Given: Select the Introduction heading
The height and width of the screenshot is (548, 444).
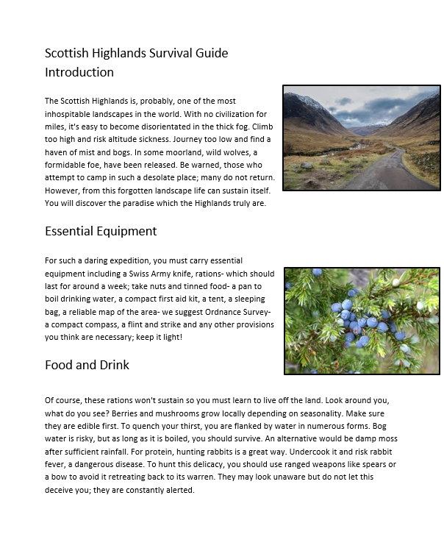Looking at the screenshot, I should pyautogui.click(x=79, y=72).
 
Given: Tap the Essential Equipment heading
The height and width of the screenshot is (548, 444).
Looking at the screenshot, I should pyautogui.click(x=101, y=231).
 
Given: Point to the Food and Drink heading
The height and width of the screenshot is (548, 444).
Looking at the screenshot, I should pyautogui.click(x=87, y=365).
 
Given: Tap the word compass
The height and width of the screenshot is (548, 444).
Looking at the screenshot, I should pyautogui.click(x=98, y=324).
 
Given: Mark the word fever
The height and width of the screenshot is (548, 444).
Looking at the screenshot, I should pyautogui.click(x=58, y=465).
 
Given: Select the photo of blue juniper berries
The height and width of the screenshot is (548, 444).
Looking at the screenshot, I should pyautogui.click(x=362, y=320).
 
